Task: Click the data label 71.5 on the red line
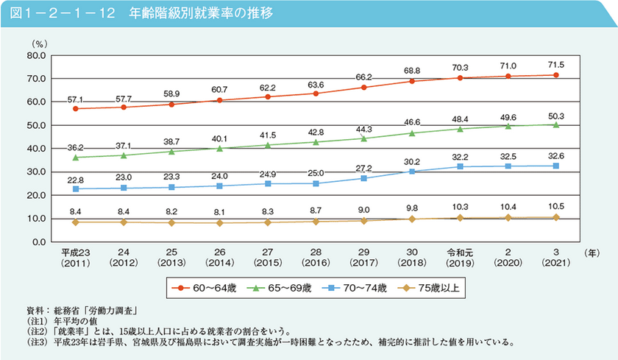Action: coord(555,63)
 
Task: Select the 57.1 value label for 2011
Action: coord(76,98)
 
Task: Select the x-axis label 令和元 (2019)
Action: coord(460,257)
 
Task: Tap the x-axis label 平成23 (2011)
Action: coord(76,257)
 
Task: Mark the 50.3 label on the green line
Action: coord(555,115)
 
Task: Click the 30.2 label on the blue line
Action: coord(412,161)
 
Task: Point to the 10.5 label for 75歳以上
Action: coord(555,207)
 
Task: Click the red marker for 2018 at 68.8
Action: coord(412,81)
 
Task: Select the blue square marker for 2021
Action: coord(556,166)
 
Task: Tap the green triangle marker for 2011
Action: coord(76,157)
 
